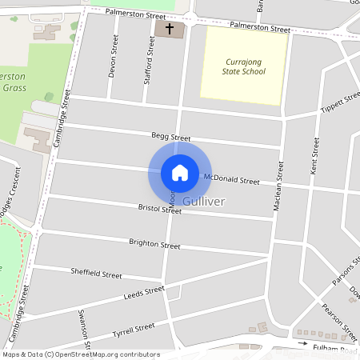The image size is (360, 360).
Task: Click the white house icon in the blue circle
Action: click(x=179, y=173)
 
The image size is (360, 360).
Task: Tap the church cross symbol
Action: click(x=169, y=29)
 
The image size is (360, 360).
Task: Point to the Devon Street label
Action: click(x=113, y=61)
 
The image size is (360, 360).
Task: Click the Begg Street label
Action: click(x=170, y=138)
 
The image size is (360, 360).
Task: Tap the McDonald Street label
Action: click(x=231, y=179)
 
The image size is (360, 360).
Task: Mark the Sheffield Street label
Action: click(x=96, y=274)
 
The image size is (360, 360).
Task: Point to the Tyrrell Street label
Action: click(x=133, y=330)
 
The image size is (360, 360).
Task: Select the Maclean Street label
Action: click(x=279, y=186)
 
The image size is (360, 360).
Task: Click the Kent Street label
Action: click(x=314, y=157)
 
